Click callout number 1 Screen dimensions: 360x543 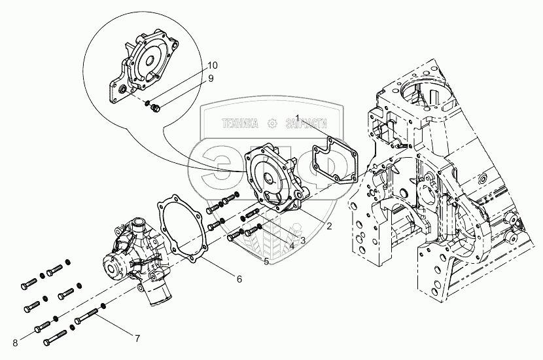298,117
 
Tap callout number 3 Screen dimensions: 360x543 303,241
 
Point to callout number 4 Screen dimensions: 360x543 291,247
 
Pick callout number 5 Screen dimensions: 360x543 266,262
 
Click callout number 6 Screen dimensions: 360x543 239,279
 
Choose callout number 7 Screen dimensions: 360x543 137,338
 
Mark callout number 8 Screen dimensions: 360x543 14,341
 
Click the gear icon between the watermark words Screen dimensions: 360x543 274,122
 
